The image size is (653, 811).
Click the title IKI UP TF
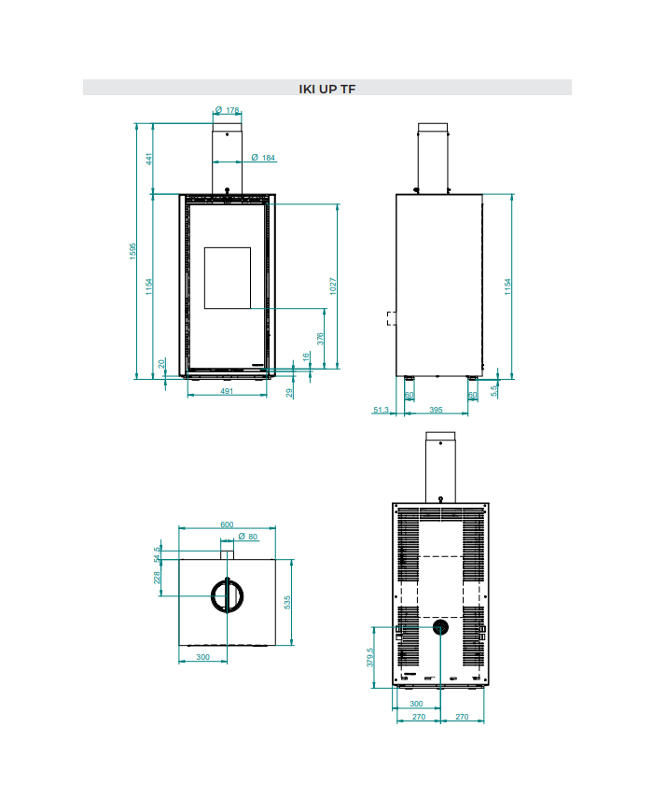pyautogui.click(x=326, y=89)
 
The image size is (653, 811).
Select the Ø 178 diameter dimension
pyautogui.click(x=227, y=110)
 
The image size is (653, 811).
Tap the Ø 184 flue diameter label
pyautogui.click(x=263, y=158)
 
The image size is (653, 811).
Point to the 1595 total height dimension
pyautogui.click(x=132, y=251)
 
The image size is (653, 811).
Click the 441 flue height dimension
pyautogui.click(x=149, y=159)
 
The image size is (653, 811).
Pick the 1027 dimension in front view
pyautogui.click(x=333, y=286)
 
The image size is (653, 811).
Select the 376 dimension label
pyautogui.click(x=320, y=339)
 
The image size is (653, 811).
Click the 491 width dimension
pyautogui.click(x=227, y=391)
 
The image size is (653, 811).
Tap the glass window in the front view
pyautogui.click(x=228, y=278)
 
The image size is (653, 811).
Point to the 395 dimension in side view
pyautogui.click(x=436, y=410)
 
